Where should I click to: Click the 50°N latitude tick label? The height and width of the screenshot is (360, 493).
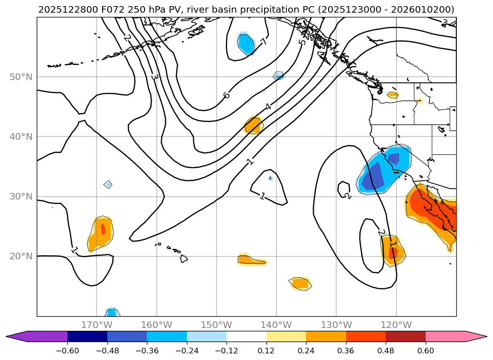[x=21, y=77]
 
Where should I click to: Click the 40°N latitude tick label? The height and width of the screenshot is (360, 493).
[x=21, y=136]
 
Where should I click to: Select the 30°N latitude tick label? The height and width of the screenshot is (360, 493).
[x=21, y=196]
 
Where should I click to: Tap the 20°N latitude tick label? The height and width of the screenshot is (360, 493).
[x=21, y=256]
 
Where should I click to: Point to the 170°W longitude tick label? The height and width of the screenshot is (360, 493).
[x=97, y=325]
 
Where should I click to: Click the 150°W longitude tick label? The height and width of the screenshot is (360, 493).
[x=217, y=325]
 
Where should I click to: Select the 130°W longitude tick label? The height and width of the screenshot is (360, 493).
[x=336, y=325]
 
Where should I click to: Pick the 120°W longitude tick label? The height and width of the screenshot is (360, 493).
[x=396, y=325]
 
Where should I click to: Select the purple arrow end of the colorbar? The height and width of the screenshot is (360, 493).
[x=16, y=336]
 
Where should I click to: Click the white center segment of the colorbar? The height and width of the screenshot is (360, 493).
[x=246, y=336]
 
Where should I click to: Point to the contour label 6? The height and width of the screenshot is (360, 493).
[x=226, y=95]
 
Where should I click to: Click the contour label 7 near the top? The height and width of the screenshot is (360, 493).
[x=264, y=42]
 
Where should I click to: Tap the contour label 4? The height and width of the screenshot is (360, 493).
[x=268, y=106]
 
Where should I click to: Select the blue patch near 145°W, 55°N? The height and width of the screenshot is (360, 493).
[x=246, y=44]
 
